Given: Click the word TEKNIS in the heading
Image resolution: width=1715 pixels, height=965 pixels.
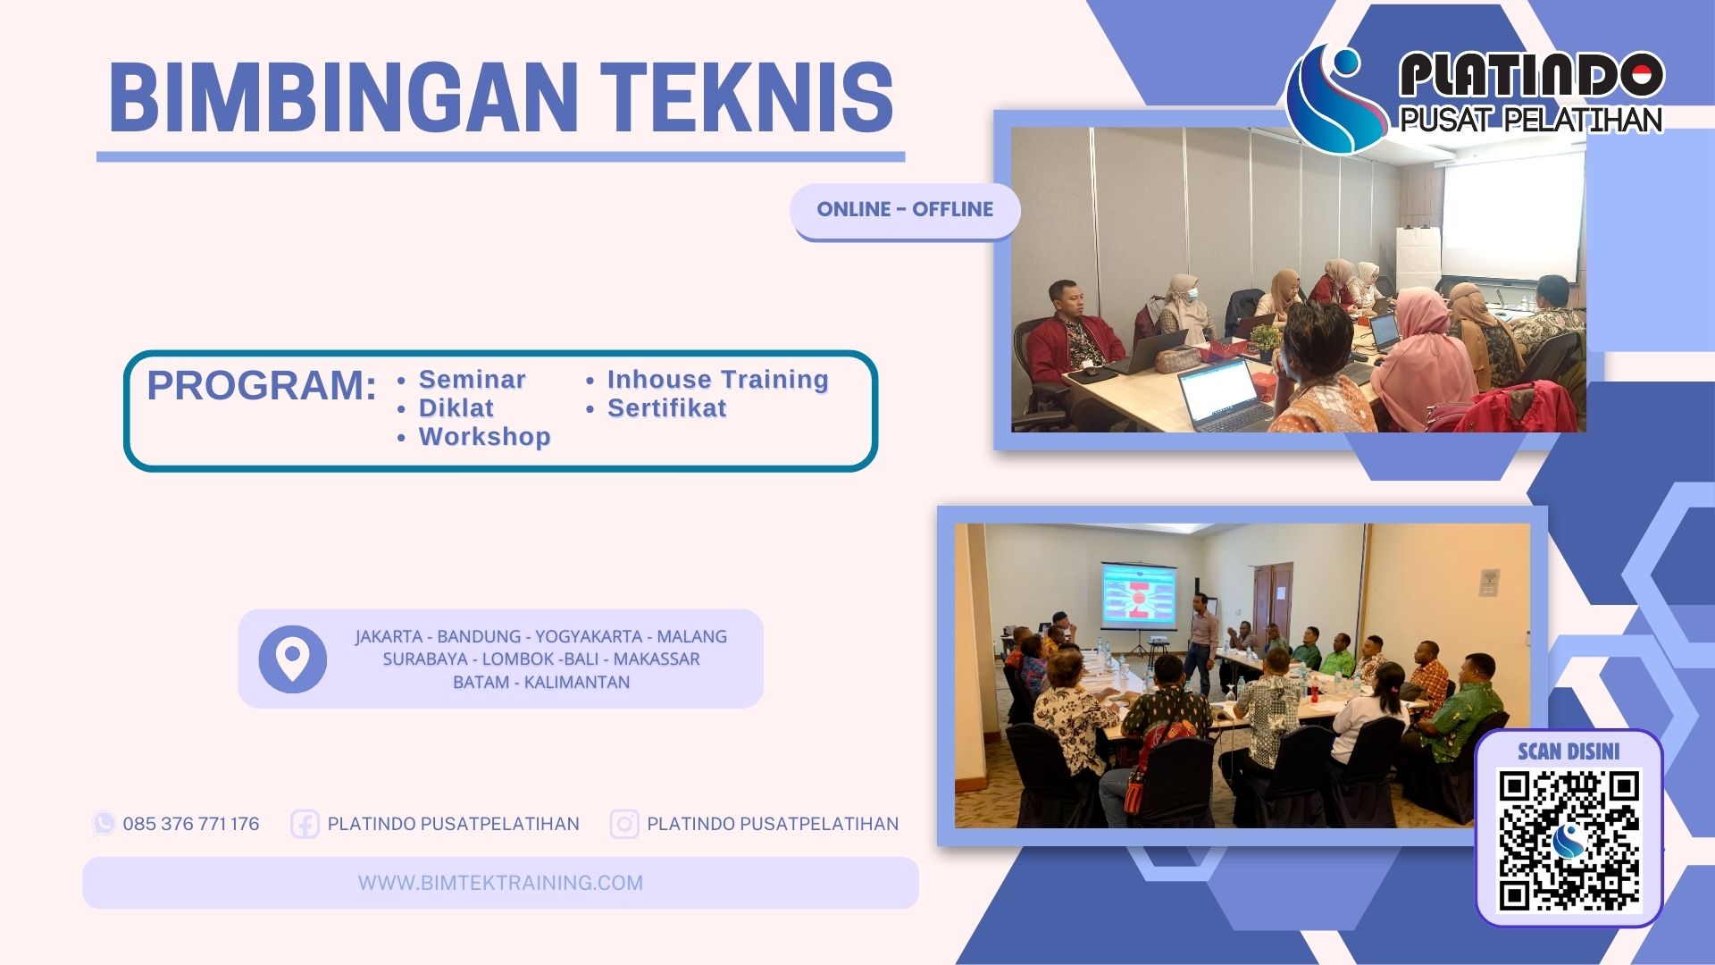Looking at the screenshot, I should coord(747,97).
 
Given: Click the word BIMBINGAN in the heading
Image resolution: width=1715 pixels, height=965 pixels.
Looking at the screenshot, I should coord(344,97).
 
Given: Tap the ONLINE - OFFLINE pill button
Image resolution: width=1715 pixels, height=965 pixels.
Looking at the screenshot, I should coord(904,210).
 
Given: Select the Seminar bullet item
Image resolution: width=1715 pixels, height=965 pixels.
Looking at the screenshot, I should coord(472,380).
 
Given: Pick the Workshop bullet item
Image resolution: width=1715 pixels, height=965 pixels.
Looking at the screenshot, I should coord(484,437).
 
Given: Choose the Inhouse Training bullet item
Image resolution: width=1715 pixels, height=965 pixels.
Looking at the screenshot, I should coord(717,380).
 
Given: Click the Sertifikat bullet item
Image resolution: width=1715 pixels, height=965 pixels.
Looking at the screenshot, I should coord(666,408).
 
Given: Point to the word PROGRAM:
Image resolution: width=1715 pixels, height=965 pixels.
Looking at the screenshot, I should coord(262,386).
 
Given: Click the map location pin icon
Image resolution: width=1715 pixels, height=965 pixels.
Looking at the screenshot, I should coord(292,659).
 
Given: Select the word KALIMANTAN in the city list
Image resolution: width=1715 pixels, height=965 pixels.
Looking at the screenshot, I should coord(576,683).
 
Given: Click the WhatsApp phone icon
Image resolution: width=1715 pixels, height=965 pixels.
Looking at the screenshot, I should coord(105,824).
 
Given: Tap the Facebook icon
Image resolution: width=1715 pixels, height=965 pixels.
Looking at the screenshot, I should coord(305,824).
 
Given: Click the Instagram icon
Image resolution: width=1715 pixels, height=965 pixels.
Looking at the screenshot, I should coord(624,824).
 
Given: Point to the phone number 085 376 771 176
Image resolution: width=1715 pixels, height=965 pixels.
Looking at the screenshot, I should coord(191,824).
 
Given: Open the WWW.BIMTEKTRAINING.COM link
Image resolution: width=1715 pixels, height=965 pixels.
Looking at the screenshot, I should coord(500,883).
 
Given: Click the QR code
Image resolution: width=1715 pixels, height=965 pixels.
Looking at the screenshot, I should coord(1569,841).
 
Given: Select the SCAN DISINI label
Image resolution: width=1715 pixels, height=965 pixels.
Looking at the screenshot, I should coord(1569,751).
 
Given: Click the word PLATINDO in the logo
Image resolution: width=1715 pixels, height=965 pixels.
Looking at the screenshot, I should coord(1531,75).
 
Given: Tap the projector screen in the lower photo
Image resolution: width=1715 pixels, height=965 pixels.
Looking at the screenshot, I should coord(1139,593).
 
